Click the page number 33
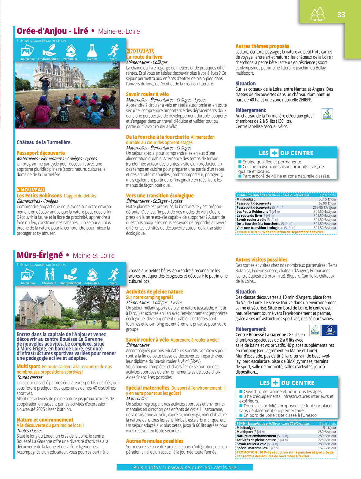[x=341, y=15]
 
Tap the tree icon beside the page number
[x=318, y=14]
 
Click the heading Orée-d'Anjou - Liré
[x=52, y=31]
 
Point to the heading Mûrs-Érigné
[x=40, y=255]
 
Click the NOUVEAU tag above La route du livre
[x=140, y=51]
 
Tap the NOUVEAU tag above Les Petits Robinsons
[x=31, y=190]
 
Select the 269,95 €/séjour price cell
[x=325, y=208]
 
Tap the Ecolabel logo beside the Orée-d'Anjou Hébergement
[x=327, y=114]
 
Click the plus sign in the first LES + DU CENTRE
[x=274, y=153]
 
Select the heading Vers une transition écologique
[x=160, y=196]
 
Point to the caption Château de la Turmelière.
[x=44, y=142]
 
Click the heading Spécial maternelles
[x=148, y=388]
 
